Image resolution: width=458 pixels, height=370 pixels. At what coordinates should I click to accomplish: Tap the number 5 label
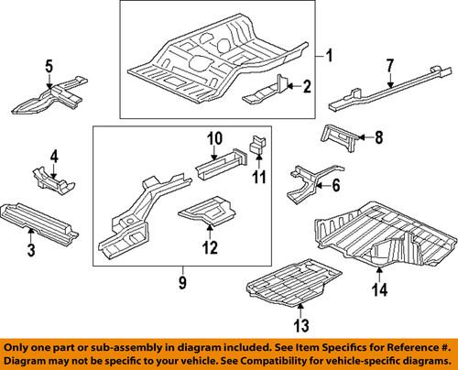coord(49,65)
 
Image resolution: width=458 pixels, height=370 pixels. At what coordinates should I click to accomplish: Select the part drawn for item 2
coord(267,92)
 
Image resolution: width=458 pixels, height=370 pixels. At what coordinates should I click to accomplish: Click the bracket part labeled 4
coord(53,180)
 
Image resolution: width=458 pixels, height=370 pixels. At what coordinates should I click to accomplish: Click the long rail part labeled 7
coord(380,91)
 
